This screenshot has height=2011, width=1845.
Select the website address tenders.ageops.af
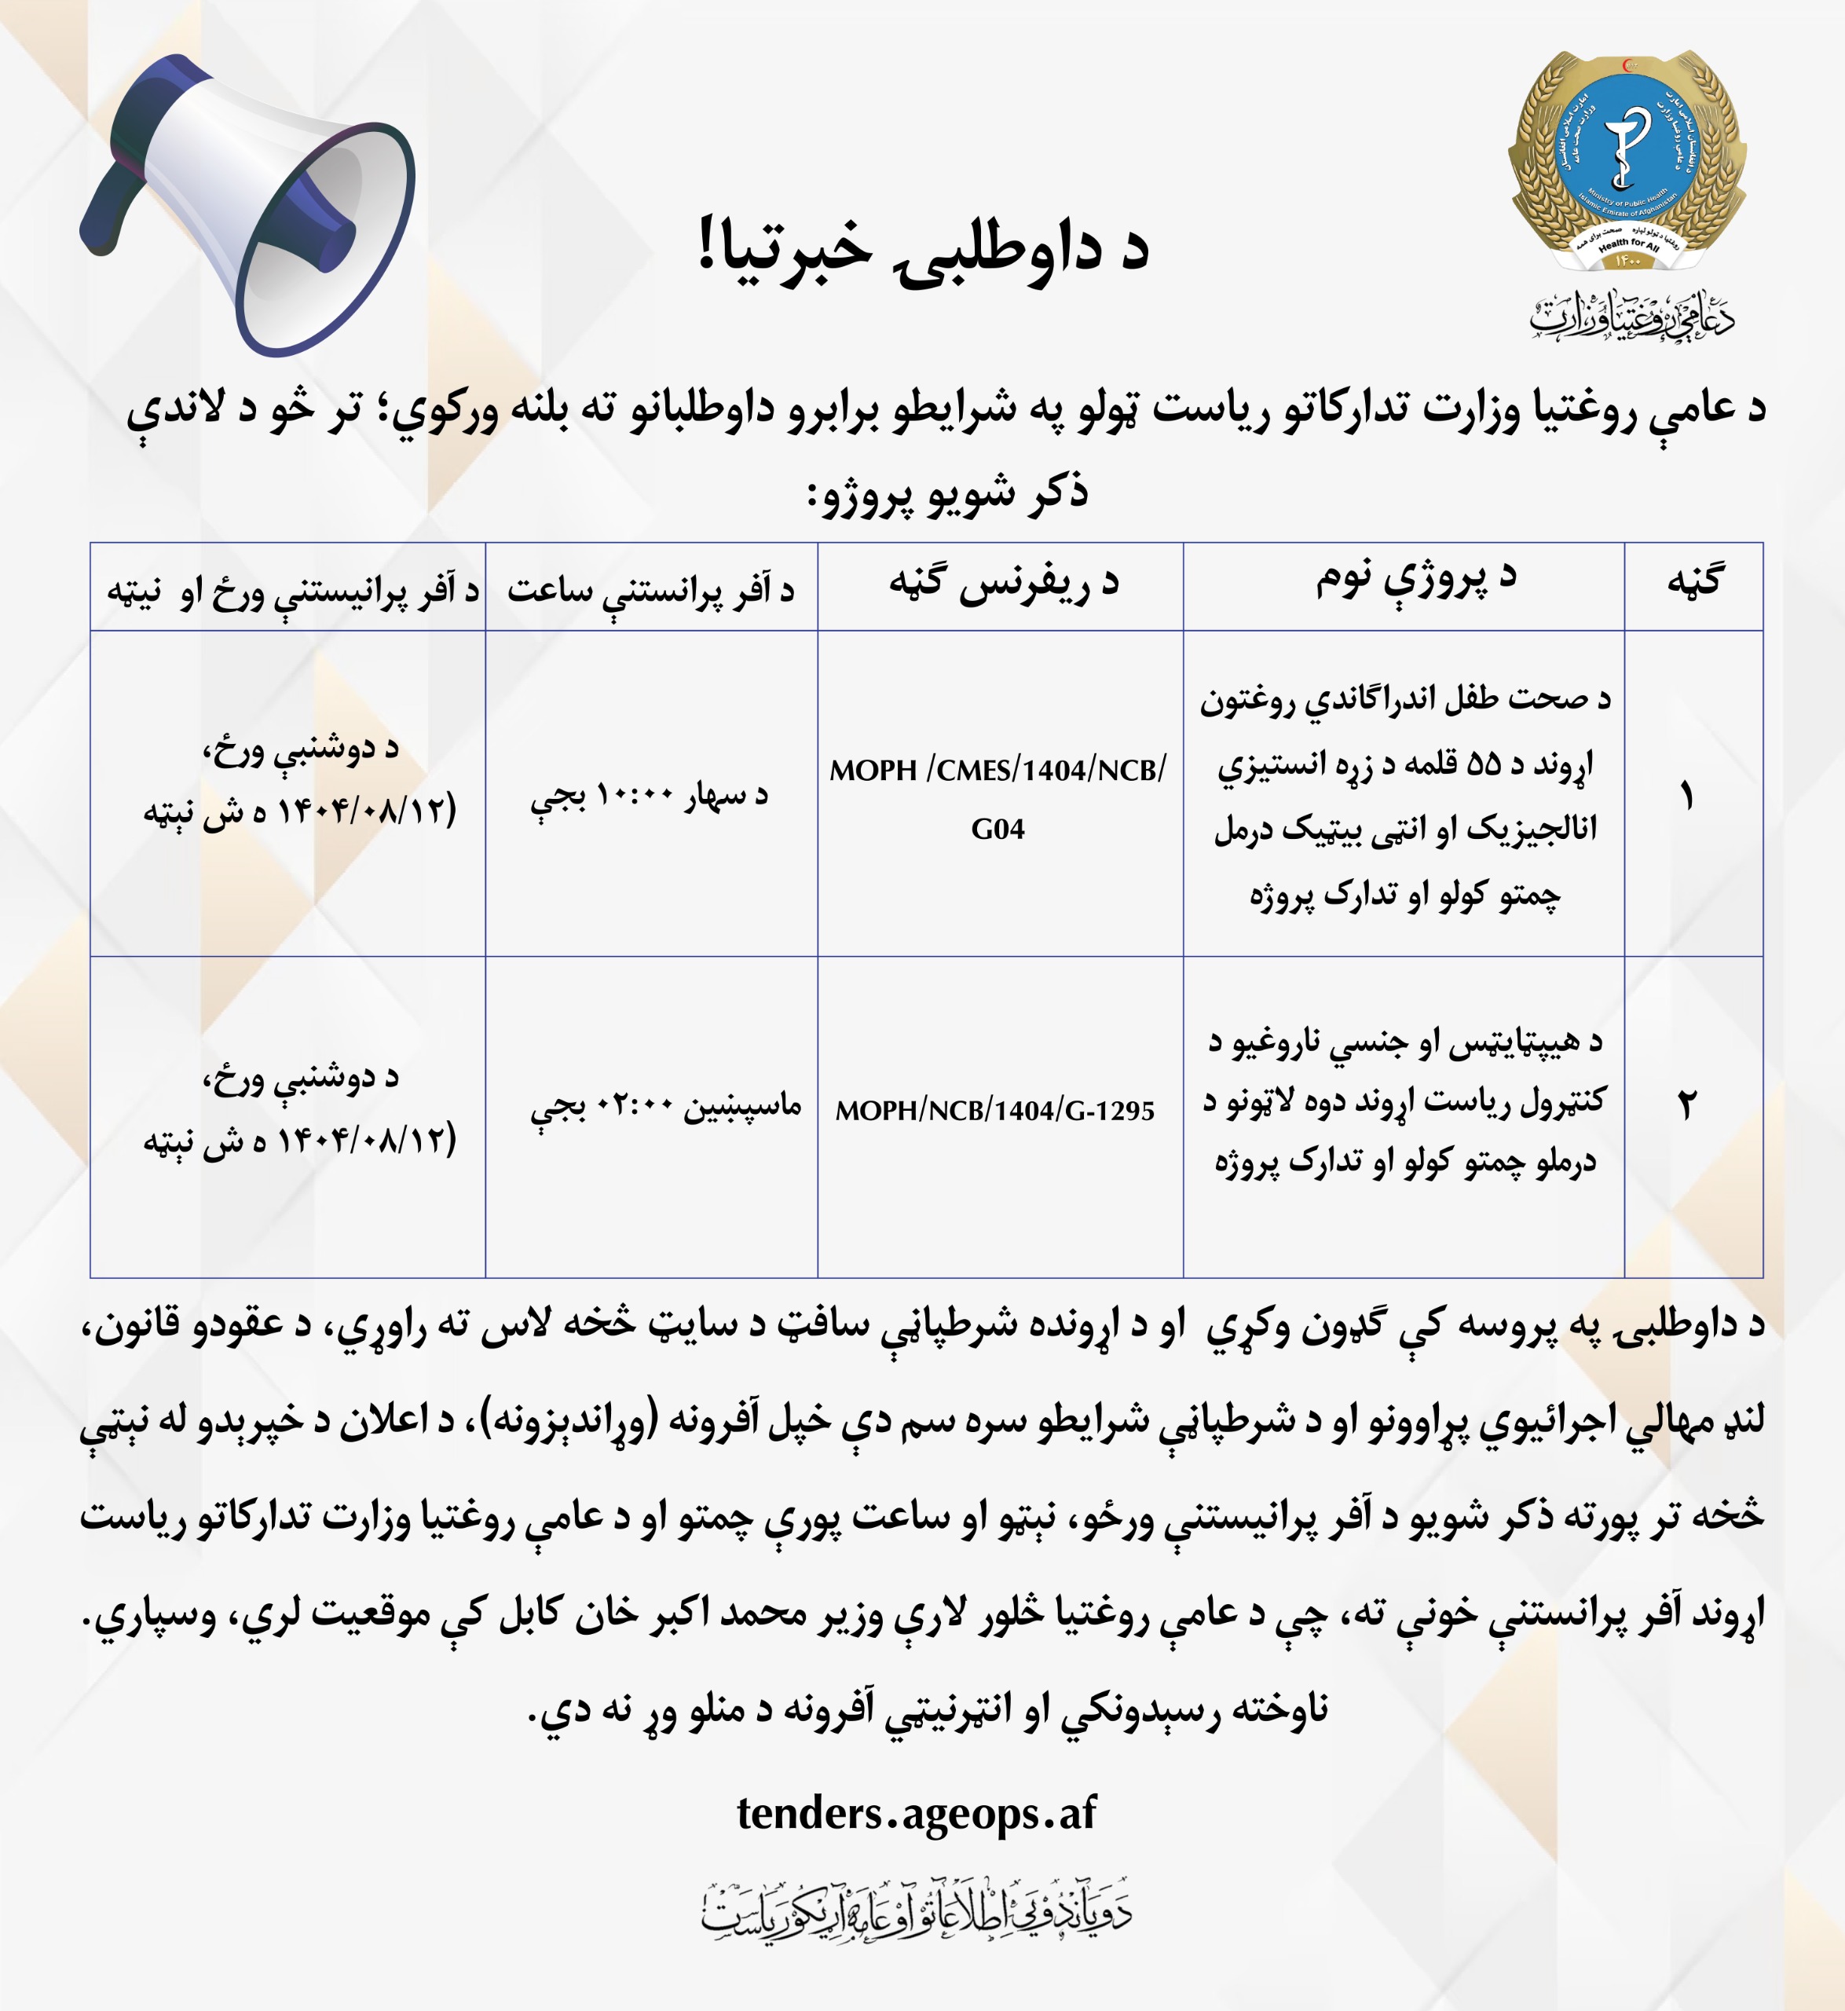pos(916,1812)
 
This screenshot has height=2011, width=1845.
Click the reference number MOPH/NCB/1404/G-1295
pos(994,1110)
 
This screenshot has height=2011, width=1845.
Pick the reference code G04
pos(998,829)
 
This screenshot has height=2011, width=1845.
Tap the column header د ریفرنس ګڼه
pos(1003,584)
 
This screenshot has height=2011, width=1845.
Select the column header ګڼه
pos(1694,582)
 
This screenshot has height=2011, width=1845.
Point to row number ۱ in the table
pos(1687,797)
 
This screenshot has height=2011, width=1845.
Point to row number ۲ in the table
pos(1686,1105)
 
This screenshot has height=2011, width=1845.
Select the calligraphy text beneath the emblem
pos(1631,317)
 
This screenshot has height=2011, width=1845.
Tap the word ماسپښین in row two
pos(741,1105)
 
